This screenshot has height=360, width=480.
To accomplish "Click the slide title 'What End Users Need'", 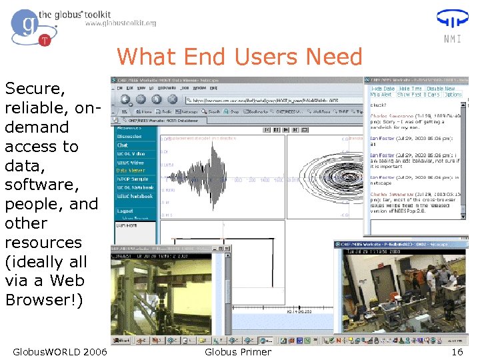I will (x=239, y=57).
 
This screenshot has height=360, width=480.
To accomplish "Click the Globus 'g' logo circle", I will (x=25, y=25).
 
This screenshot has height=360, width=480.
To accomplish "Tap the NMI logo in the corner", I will (x=451, y=25).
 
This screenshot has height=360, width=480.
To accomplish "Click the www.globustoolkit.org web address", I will (x=120, y=23).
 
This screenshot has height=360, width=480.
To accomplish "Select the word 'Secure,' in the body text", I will (x=35, y=89).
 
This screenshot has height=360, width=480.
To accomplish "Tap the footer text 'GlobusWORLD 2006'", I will (x=59, y=352).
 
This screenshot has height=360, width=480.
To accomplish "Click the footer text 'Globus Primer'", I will (x=238, y=352).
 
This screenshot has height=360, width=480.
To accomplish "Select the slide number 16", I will (x=457, y=352).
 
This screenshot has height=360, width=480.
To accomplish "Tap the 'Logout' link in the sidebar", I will (x=125, y=210).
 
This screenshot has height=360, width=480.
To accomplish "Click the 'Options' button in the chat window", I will (x=453, y=95).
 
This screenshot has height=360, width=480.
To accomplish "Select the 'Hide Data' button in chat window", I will (x=383, y=88).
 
